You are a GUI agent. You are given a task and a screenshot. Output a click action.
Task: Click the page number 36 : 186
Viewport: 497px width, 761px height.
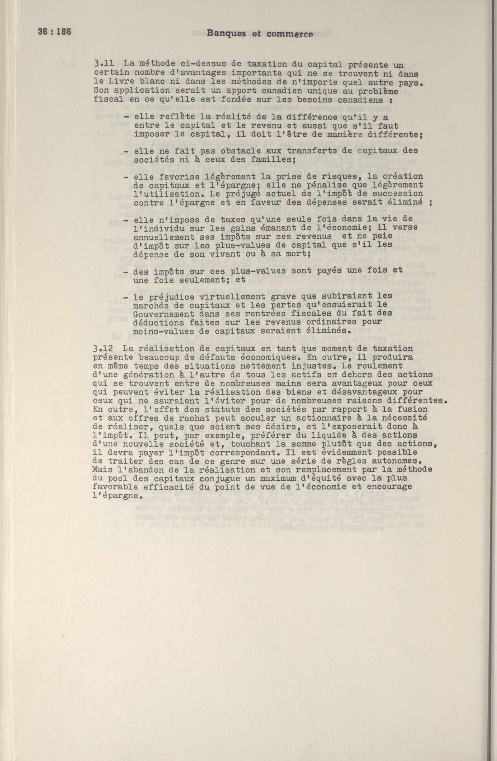tap(54, 32)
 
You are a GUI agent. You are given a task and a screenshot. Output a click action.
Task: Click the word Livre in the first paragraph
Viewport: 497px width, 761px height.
tap(120, 83)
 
